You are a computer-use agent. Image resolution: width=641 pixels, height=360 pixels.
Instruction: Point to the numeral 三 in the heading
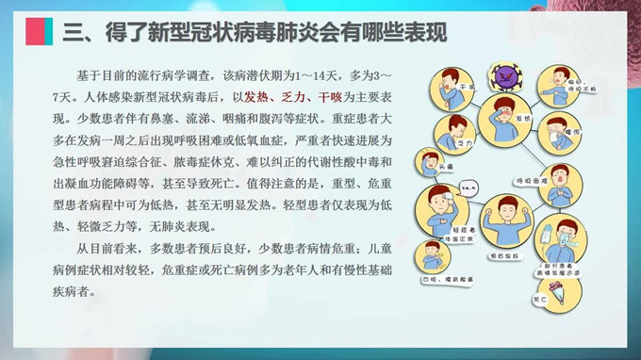pyautogui.click(x=74, y=34)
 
